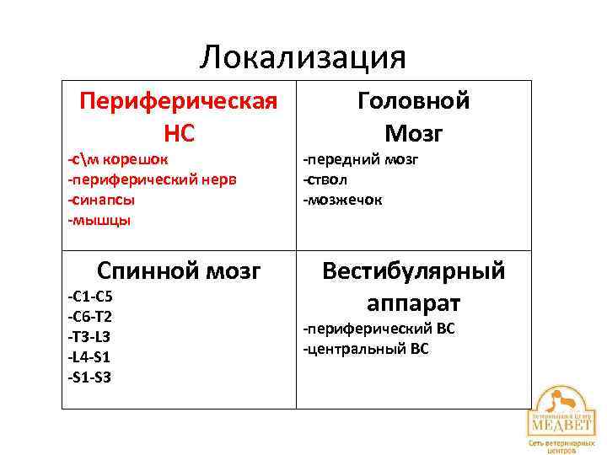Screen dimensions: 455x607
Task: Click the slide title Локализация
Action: (303, 57)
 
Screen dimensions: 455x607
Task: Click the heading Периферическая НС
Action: (178, 116)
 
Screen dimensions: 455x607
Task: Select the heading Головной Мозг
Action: (413, 116)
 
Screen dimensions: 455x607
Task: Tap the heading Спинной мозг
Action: (179, 271)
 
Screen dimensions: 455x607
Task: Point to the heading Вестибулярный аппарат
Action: (413, 286)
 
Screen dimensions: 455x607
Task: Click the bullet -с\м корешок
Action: (118, 159)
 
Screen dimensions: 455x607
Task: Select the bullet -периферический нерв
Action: (153, 179)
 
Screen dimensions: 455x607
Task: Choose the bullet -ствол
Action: (326, 179)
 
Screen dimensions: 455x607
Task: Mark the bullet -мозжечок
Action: (343, 200)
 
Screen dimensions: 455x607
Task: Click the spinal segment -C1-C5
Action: (90, 297)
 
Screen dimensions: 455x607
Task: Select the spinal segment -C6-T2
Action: (90, 317)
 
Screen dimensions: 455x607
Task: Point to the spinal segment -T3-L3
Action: (89, 336)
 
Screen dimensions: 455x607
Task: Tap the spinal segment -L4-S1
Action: (89, 356)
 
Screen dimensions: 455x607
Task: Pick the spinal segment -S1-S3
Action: (89, 377)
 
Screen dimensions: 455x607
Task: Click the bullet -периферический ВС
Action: (379, 328)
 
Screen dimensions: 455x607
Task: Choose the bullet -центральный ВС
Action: (366, 348)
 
